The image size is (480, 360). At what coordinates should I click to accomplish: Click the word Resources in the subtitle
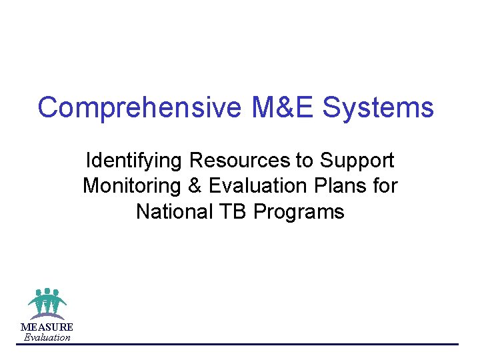coord(239,161)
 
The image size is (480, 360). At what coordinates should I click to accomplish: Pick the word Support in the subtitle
coord(357,161)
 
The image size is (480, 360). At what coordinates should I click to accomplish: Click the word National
coord(172,212)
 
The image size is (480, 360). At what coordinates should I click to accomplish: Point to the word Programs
coord(299,212)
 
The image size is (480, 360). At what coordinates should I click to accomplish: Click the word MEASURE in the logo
coord(47,327)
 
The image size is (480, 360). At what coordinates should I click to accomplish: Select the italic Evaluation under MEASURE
coord(47,337)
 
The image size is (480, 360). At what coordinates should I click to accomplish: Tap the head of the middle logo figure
coord(47,291)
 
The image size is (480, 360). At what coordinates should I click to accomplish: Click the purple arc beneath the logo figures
coord(47,315)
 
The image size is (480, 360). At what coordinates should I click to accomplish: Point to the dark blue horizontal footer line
coord(267,344)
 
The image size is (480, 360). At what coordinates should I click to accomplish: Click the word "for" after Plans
coord(385,186)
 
